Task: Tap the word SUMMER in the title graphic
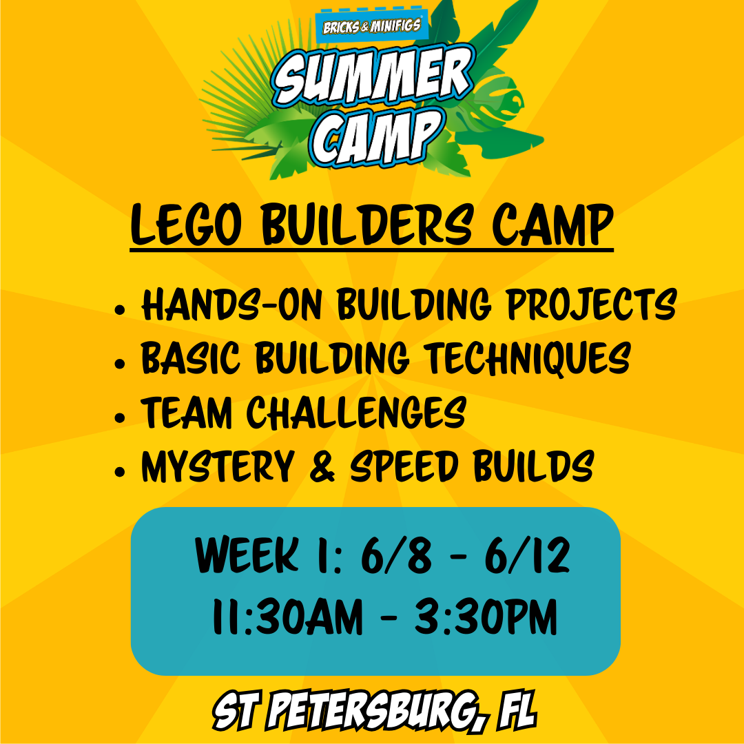[x=372, y=76]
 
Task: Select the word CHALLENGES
[x=355, y=412]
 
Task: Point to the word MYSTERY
[x=217, y=466]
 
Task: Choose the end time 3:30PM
[x=486, y=618]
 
